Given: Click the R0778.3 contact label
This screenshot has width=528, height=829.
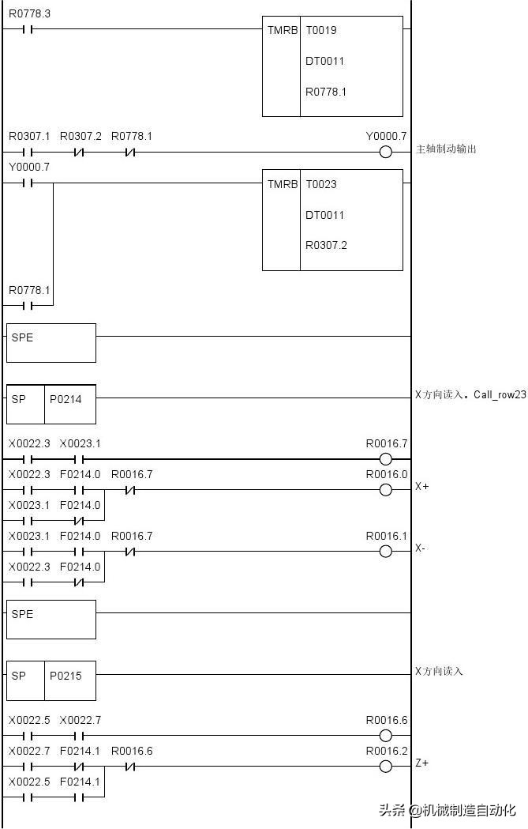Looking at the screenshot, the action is tap(29, 13).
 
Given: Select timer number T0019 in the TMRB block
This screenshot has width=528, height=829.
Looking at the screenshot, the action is tap(321, 30).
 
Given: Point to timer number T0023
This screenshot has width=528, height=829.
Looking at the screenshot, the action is tap(321, 184).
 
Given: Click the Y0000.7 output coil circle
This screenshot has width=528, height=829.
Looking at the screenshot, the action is tap(386, 153).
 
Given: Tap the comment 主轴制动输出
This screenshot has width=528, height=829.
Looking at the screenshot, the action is tap(446, 149).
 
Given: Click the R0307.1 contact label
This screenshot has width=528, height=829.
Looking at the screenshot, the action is tap(29, 137).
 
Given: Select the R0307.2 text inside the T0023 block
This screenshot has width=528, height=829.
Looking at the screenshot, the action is tap(326, 245).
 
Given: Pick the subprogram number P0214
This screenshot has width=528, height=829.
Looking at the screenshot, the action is tap(66, 399).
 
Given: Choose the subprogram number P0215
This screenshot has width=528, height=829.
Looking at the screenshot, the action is tap(66, 676).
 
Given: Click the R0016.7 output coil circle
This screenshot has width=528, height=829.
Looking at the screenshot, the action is tap(386, 459).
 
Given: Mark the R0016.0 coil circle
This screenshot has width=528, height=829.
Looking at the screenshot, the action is tap(386, 490).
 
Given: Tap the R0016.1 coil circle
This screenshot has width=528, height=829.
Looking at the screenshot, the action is tap(386, 552).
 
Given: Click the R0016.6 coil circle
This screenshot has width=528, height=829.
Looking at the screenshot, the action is tap(386, 736).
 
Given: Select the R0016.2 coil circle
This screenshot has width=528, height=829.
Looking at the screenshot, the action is tap(386, 766).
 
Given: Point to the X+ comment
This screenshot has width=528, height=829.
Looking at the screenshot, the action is tap(422, 486).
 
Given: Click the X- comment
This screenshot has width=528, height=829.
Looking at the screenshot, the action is tap(421, 548).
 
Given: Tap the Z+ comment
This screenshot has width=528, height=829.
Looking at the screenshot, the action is tap(422, 763).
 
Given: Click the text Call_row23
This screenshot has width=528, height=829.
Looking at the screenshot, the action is tap(500, 395).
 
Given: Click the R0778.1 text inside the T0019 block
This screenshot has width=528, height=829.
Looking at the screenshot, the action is tap(326, 92).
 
